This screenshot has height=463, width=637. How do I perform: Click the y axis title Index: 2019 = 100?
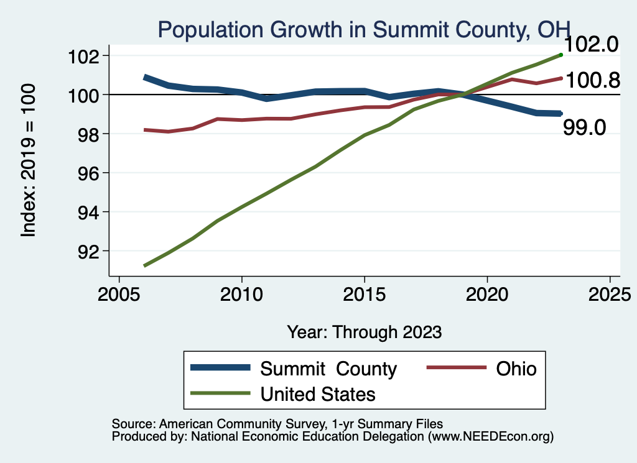point(29,160)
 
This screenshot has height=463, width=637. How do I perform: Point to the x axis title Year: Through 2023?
point(364,332)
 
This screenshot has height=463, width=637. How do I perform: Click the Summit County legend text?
point(328,369)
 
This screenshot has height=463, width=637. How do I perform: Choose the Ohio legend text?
point(516,369)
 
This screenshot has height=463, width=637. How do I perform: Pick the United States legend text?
point(317,393)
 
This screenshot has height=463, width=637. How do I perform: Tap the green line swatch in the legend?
point(221,393)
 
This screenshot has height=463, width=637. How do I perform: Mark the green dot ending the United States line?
point(561,55)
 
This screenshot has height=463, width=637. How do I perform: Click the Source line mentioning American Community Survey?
point(277,424)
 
